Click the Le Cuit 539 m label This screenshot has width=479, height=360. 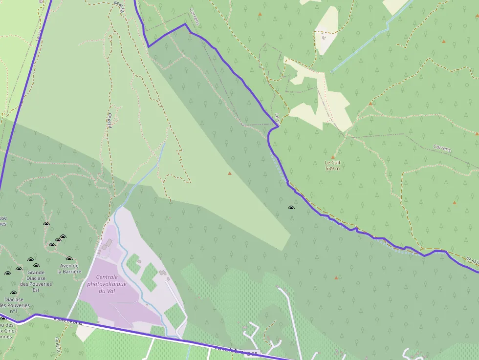(x=332, y=165)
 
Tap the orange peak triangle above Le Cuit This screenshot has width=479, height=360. (x=333, y=157)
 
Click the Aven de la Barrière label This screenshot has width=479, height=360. (x=68, y=268)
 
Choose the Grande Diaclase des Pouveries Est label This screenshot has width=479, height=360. (x=36, y=281)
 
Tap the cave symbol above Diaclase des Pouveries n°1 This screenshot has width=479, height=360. (x=14, y=293)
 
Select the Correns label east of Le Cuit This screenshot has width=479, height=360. (x=442, y=148)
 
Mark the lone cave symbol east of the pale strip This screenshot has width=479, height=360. (x=291, y=208)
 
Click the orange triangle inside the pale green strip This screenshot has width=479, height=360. (x=229, y=173)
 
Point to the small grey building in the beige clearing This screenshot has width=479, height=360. (x=323, y=37)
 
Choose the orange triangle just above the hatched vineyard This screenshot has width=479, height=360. (x=336, y=278)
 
